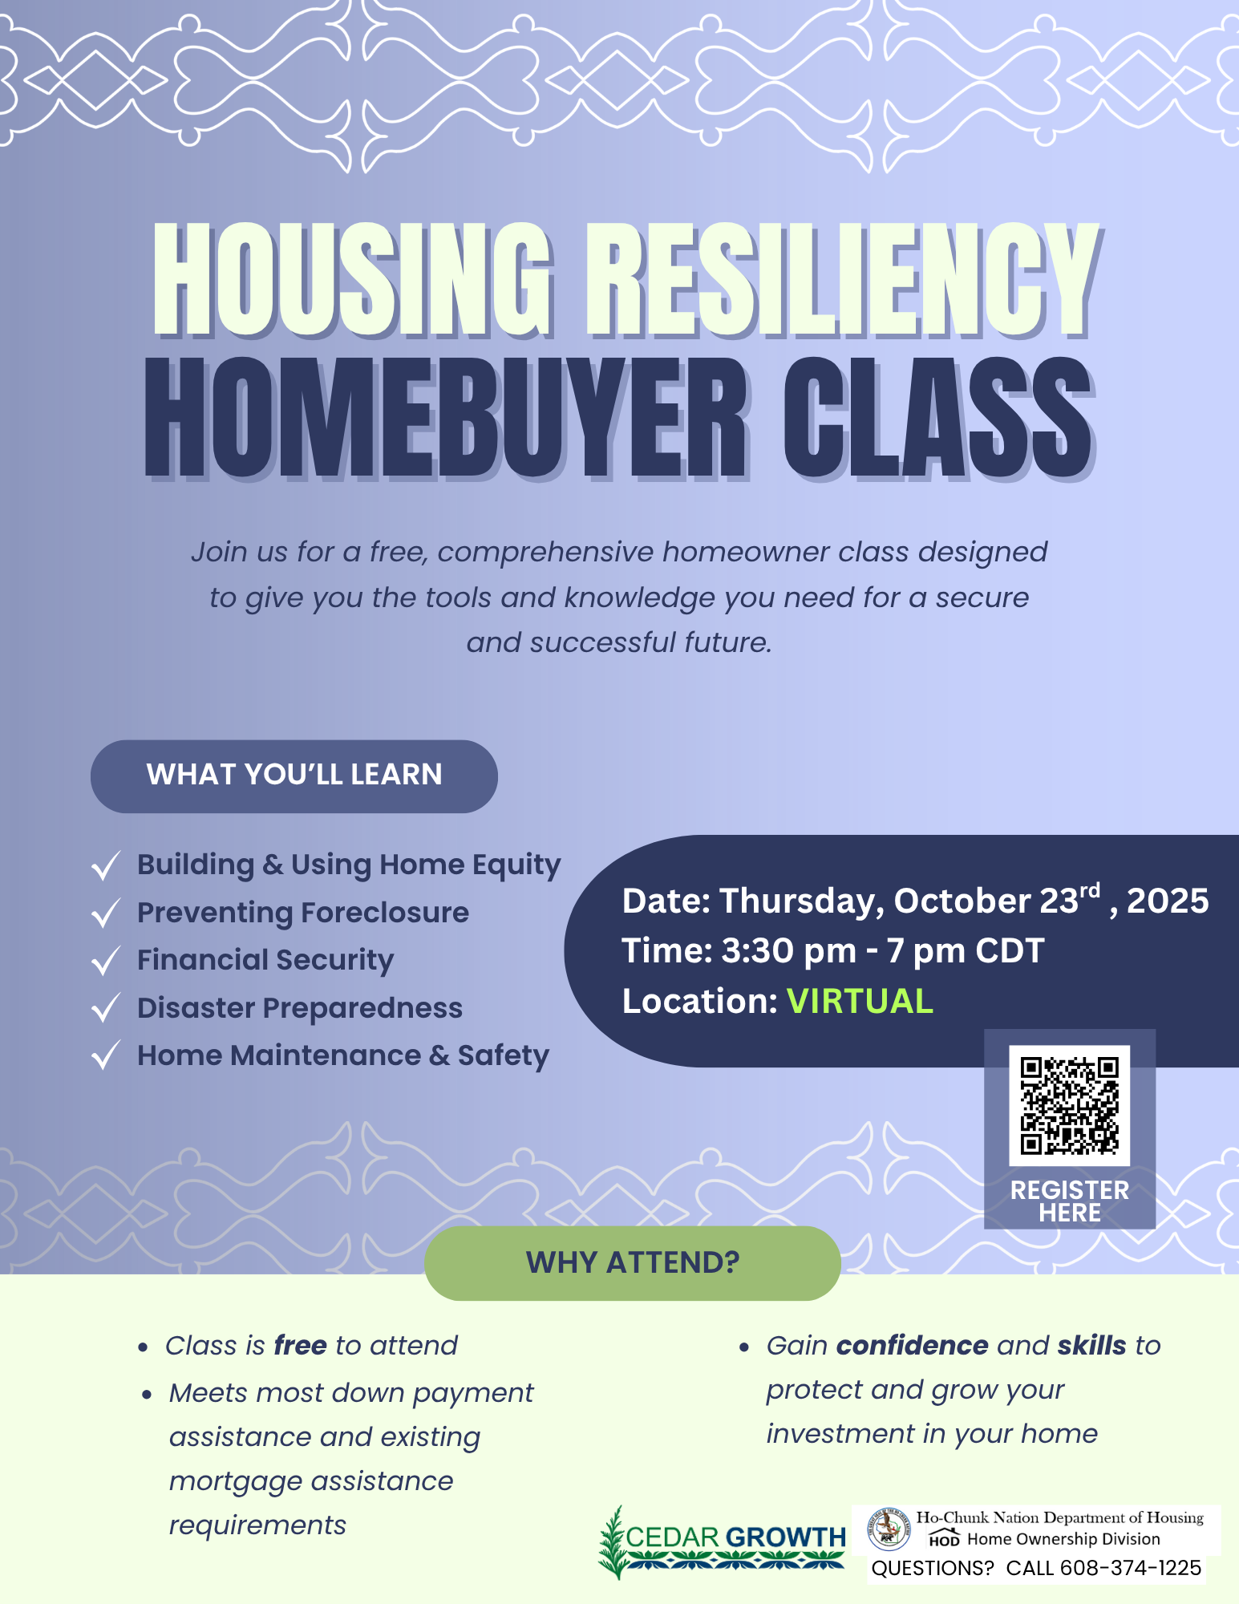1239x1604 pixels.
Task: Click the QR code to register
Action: click(x=1069, y=1105)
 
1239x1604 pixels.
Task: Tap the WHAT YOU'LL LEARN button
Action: click(x=294, y=776)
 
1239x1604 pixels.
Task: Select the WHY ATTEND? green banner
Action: click(x=632, y=1262)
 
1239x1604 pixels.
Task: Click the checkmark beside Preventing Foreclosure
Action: click(x=106, y=913)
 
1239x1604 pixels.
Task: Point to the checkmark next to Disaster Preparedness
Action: click(x=106, y=1008)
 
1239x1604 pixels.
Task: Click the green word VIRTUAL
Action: click(x=860, y=1001)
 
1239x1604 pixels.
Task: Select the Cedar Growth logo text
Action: click(x=735, y=1537)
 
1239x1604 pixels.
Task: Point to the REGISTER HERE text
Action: click(x=1070, y=1201)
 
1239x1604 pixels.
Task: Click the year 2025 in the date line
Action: click(x=1168, y=901)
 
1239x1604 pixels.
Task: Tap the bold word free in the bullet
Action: click(x=300, y=1345)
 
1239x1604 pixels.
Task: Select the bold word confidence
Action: click(x=912, y=1345)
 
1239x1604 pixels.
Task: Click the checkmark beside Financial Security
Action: click(x=106, y=961)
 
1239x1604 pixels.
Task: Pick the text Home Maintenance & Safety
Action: click(x=343, y=1055)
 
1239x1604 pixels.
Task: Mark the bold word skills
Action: click(x=1091, y=1345)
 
